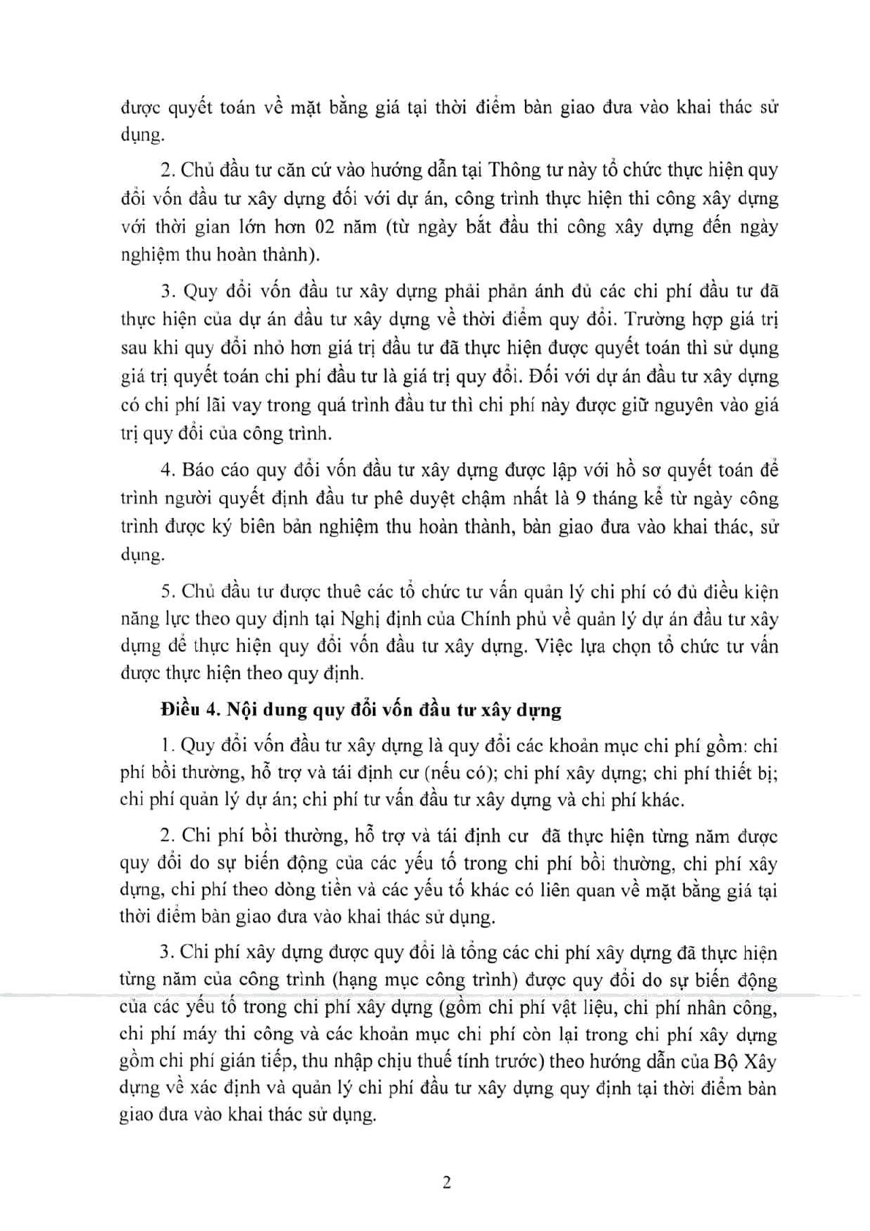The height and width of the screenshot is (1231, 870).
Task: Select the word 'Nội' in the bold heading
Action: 242,709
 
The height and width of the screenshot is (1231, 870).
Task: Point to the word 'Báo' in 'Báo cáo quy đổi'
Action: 198,469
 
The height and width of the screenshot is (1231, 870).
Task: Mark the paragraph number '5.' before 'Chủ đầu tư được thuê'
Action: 167,590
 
